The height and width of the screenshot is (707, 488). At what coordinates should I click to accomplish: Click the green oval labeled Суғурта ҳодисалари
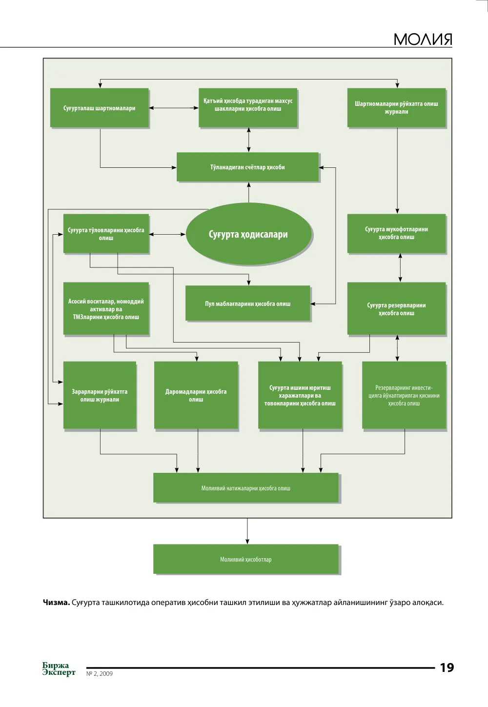point(249,234)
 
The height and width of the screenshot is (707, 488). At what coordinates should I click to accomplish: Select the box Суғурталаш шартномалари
point(100,108)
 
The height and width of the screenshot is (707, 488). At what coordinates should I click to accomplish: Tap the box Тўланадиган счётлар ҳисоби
point(247,167)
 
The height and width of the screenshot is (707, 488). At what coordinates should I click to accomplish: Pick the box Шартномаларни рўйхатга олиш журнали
point(396,108)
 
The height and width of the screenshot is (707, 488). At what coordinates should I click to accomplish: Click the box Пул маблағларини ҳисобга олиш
point(248,303)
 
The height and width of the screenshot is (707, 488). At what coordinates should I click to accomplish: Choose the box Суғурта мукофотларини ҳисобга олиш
point(396,234)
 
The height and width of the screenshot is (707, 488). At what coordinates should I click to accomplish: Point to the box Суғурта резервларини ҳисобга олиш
point(396,309)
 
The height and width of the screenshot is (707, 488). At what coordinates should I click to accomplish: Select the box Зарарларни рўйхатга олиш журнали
point(100,395)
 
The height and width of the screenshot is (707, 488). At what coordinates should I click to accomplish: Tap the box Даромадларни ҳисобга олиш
point(196,395)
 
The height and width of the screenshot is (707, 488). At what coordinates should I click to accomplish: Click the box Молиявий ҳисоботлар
point(246,559)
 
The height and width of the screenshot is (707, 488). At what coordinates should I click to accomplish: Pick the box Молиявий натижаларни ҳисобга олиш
point(246,488)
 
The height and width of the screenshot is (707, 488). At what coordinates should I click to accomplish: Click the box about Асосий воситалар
point(106,309)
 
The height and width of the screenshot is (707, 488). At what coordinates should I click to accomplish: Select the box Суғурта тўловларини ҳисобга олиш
point(106,234)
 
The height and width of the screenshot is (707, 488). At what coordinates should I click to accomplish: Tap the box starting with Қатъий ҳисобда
point(248,108)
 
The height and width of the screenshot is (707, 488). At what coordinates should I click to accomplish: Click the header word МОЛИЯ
point(423,39)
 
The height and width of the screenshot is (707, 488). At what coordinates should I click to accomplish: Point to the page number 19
point(447,667)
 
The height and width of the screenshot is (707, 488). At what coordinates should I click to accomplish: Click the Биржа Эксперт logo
point(59,668)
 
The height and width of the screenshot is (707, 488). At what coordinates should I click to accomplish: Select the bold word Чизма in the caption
point(56,603)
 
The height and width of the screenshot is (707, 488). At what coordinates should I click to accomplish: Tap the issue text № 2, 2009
point(100,673)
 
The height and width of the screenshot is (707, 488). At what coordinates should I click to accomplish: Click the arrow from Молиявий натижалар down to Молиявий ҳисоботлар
point(247,531)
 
